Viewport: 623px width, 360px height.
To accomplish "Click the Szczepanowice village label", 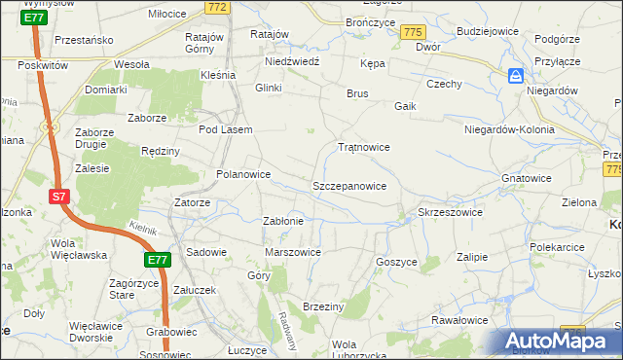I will (x=349, y=186).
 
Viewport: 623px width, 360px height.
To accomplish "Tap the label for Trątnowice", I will (x=363, y=148).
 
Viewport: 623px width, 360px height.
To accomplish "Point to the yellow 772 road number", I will (x=218, y=7).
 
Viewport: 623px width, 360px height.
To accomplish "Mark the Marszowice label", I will (x=293, y=253).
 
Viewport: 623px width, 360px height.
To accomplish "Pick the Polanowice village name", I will (x=242, y=175).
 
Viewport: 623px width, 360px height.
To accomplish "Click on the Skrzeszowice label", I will (x=450, y=212).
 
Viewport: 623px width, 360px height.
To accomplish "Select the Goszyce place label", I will (x=396, y=262).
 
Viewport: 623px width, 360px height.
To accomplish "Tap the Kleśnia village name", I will (x=218, y=75).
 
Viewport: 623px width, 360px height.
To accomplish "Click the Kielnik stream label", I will (x=144, y=227).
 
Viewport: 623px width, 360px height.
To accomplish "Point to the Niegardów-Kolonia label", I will (x=509, y=129).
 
